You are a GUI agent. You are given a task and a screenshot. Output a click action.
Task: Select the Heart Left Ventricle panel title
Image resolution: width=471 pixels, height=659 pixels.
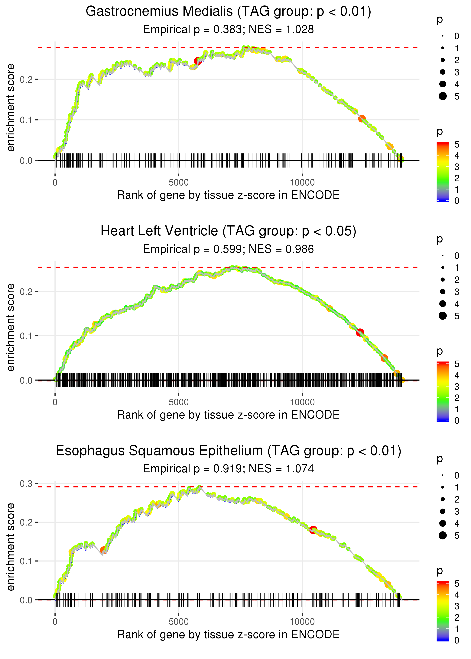coord(228,231)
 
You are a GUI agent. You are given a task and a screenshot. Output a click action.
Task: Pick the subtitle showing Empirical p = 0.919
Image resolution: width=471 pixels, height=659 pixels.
coord(228,469)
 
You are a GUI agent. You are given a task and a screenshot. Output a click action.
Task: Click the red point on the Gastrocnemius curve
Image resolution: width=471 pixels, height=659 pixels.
coord(198,61)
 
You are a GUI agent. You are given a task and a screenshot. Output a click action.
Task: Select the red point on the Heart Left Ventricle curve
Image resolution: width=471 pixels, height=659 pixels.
coord(360,332)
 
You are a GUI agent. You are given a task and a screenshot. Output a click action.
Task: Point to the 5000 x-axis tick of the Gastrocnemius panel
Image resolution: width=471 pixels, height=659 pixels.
coord(178,183)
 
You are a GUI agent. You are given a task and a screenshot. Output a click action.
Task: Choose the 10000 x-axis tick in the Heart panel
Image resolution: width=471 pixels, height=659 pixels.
coord(302,402)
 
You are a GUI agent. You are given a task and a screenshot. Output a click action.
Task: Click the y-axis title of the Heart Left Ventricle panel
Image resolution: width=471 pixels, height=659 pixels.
coord(11,327)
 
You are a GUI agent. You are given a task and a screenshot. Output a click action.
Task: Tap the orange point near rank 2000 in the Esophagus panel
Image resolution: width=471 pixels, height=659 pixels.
coord(103,550)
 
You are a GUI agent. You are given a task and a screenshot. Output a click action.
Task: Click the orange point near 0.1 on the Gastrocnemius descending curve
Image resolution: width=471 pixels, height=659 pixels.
coord(362,119)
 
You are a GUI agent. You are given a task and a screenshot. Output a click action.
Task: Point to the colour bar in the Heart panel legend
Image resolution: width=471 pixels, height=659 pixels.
coord(442,391)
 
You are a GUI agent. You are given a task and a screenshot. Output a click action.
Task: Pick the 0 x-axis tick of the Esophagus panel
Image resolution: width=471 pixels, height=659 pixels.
coord(55,622)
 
